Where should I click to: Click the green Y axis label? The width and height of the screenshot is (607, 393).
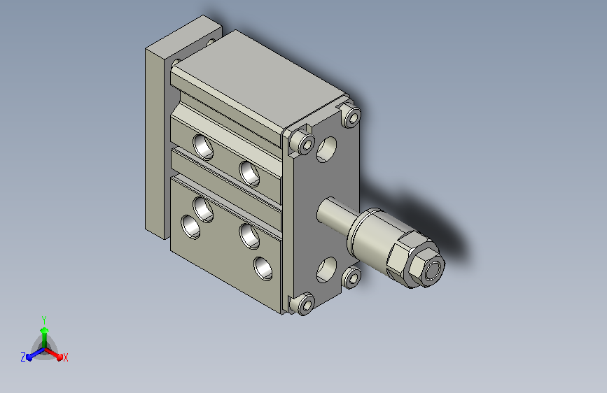(44, 320)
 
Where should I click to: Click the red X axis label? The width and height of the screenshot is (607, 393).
(65, 357)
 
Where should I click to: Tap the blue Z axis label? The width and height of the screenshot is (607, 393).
(23, 357)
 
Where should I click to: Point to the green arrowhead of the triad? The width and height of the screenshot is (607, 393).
(45, 331)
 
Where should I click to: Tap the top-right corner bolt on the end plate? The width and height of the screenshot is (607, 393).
(352, 116)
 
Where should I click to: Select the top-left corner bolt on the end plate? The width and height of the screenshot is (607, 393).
(304, 141)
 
